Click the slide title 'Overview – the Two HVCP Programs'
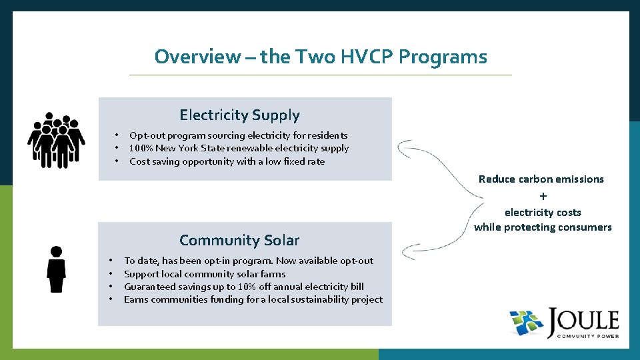click(320, 57)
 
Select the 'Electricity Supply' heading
click(239, 115)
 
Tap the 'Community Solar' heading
click(239, 240)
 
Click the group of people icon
click(56, 139)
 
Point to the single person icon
click(56, 269)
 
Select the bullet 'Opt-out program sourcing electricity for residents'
click(238, 135)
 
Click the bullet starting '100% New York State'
click(239, 148)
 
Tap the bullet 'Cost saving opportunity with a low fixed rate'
click(227, 161)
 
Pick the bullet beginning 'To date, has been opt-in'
click(248, 261)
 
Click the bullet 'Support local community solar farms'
click(205, 274)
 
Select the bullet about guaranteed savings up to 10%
click(243, 287)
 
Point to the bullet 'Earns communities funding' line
click(253, 299)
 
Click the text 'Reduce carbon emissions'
click(541, 179)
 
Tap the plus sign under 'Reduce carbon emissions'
click(543, 196)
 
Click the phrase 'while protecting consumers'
click(543, 227)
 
